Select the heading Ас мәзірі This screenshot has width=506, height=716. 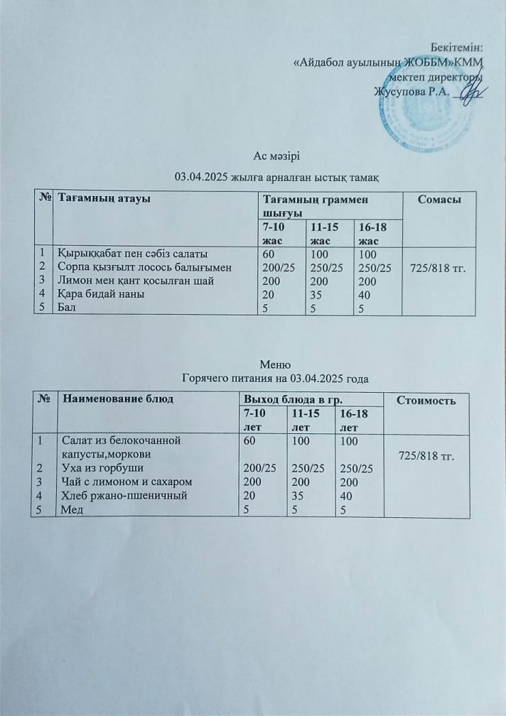coord(281,156)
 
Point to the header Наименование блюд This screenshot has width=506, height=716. coord(116,398)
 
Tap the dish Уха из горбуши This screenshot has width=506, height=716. coord(103,468)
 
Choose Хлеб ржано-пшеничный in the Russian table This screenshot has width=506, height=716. coord(124,495)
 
